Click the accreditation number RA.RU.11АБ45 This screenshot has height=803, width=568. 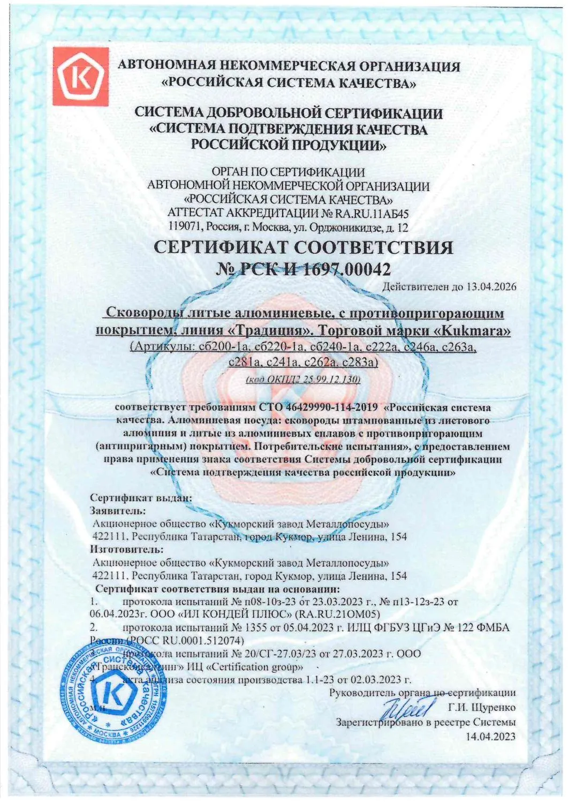368,213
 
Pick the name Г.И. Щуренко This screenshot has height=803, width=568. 481,708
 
